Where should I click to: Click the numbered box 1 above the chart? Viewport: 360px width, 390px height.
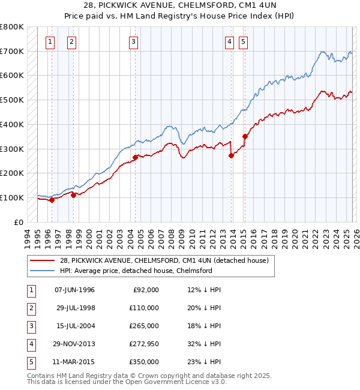tap(49, 41)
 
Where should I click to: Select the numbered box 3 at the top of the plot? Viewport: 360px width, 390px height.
tap(133, 41)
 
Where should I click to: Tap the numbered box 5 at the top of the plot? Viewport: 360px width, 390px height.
tap(243, 41)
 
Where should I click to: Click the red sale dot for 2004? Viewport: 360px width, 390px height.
tap(135, 157)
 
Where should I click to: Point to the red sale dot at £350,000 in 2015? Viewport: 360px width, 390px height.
tap(245, 136)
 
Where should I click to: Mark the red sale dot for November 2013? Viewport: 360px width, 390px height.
tap(232, 155)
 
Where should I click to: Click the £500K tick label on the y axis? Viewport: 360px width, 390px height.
tap(12, 100)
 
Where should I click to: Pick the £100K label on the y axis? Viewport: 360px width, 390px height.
tap(12, 197)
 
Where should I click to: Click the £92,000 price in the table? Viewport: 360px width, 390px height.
tap(145, 290)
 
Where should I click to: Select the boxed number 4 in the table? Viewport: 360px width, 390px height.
tap(29, 344)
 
